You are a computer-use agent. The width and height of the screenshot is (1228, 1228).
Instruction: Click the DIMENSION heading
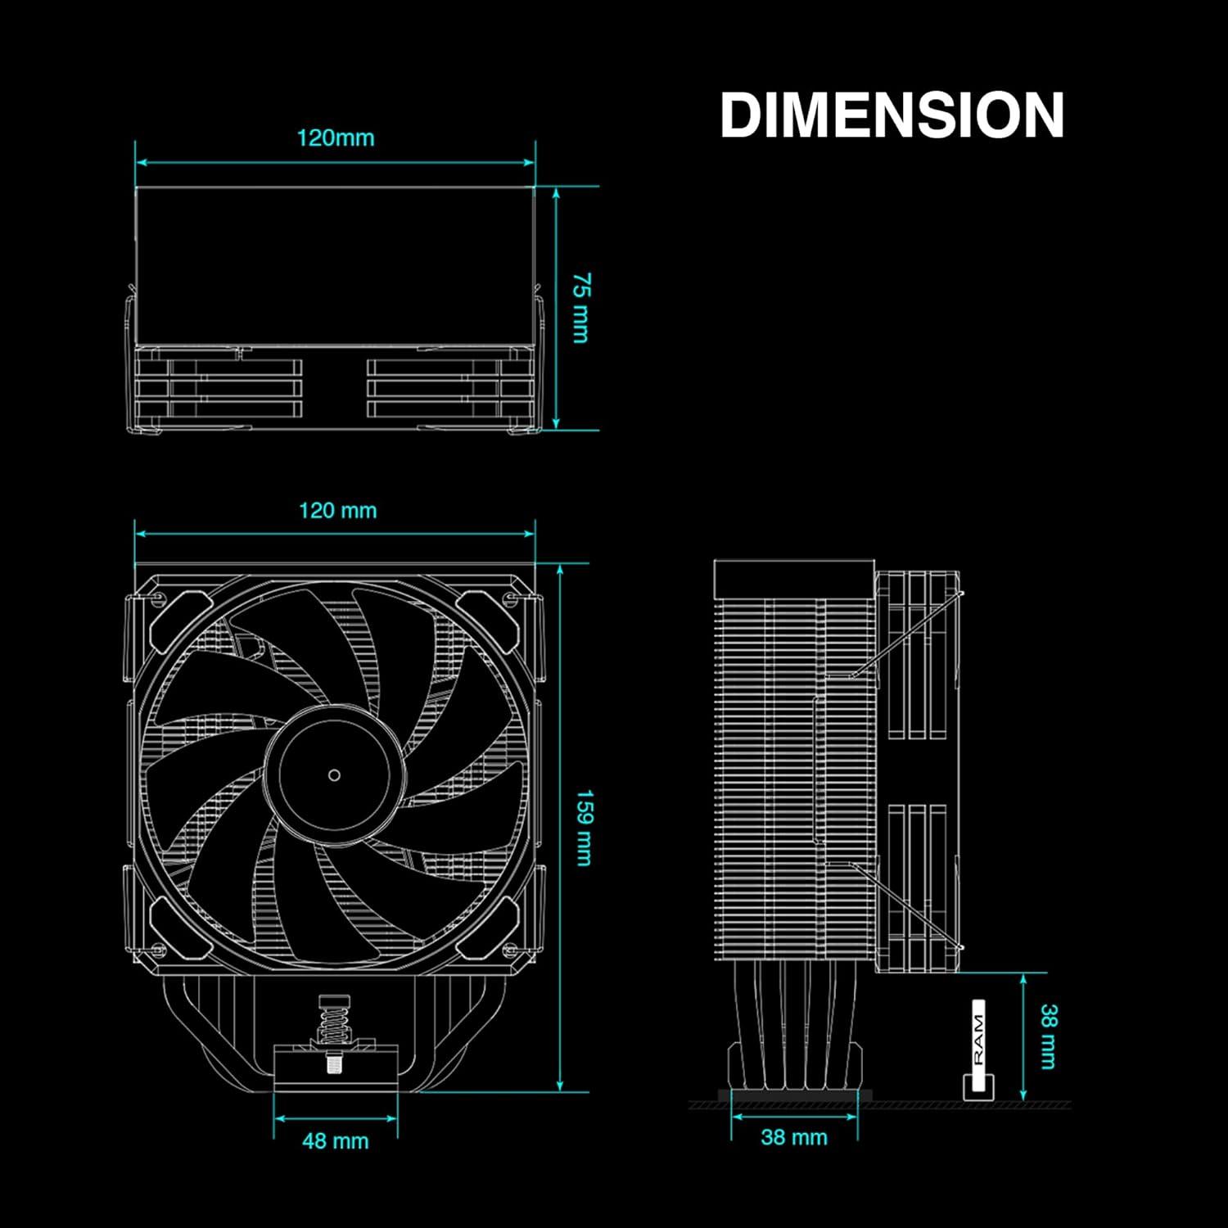(x=892, y=115)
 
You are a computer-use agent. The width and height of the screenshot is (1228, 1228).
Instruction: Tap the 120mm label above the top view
(x=336, y=138)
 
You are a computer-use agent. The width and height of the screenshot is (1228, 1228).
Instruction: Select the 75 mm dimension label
(x=580, y=308)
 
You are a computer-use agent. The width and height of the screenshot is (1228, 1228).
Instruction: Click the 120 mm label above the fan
(x=337, y=511)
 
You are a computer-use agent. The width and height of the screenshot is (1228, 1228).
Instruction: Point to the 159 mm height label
(x=584, y=828)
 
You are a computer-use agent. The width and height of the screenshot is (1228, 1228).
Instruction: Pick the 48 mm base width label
(x=336, y=1140)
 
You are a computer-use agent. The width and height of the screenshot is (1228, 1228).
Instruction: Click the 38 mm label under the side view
(x=794, y=1137)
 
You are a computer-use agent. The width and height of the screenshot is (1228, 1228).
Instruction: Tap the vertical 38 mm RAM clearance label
(x=1048, y=1036)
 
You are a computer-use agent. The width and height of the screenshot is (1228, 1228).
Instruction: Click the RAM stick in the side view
(x=978, y=1048)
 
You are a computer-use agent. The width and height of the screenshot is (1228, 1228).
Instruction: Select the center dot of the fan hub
(x=334, y=774)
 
